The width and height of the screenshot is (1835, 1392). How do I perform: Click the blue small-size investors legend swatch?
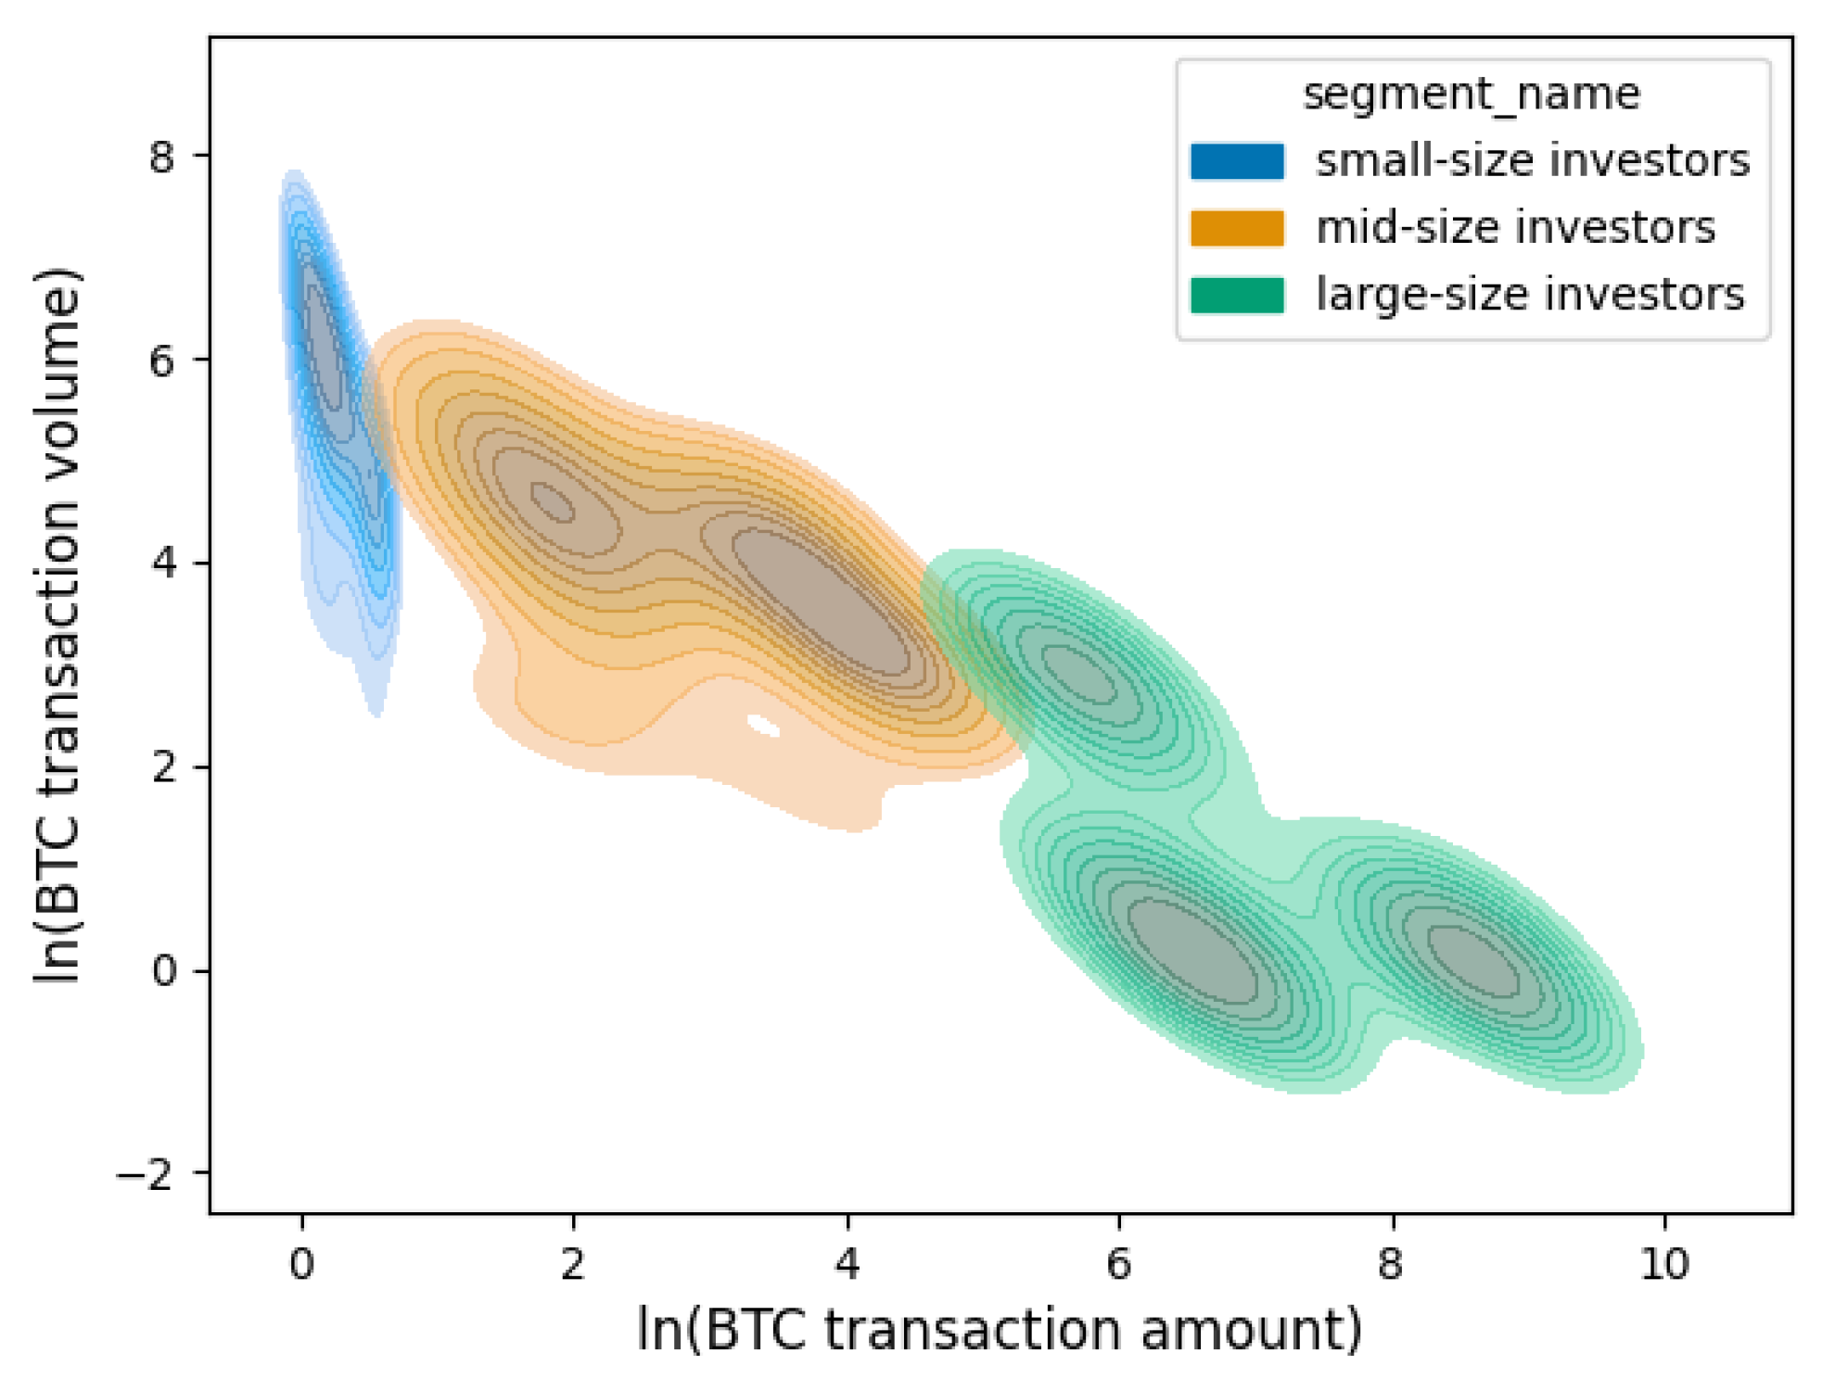click(1237, 161)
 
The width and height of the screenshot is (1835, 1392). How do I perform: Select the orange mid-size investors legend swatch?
click(1237, 228)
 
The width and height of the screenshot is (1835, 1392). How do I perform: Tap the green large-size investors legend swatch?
click(1237, 295)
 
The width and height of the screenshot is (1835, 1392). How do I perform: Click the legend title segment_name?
click(1472, 95)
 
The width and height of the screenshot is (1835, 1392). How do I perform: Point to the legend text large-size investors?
click(1530, 295)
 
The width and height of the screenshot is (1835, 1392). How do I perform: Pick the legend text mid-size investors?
click(1515, 228)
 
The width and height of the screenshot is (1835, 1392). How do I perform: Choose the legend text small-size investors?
click(1533, 161)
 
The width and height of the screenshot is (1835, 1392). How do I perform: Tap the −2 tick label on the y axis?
click(146, 1175)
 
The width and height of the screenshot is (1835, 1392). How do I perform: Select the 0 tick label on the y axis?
click(162, 971)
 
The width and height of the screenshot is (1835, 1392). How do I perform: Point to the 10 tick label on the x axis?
click(1664, 1262)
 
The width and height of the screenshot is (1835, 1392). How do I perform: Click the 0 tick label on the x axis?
click(301, 1262)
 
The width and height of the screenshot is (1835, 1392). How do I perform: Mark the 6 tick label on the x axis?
click(1119, 1262)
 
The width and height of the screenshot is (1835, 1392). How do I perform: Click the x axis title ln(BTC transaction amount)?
click(1000, 1330)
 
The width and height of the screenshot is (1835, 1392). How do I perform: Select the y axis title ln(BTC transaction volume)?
click(57, 626)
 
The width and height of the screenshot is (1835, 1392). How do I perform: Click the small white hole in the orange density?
click(763, 726)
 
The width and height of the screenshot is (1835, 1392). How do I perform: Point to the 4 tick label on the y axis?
click(162, 563)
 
